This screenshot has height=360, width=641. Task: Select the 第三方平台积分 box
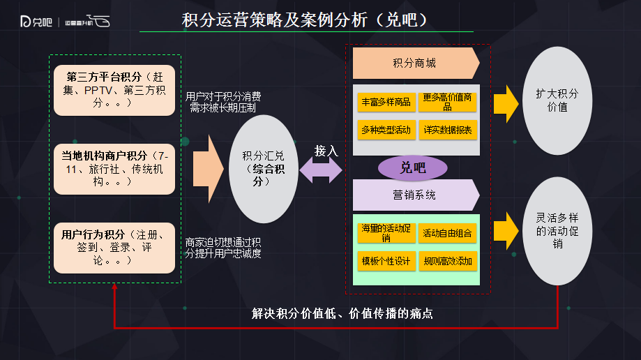[114, 89]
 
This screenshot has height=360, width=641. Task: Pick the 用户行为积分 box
[114, 248]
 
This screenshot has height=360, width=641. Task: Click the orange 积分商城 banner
[416, 63]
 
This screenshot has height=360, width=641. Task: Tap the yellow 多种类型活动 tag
[386, 130]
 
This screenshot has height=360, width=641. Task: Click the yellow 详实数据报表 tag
[447, 130]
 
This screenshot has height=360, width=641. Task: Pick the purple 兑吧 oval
[412, 167]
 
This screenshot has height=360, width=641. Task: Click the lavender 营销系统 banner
[416, 195]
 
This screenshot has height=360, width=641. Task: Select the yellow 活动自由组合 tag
[447, 234]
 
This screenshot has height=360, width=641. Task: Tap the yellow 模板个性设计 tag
[386, 261]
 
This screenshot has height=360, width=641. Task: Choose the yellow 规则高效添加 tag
[447, 261]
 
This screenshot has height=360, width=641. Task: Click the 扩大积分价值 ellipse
[557, 100]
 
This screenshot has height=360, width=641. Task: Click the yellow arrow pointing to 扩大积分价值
[504, 103]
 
